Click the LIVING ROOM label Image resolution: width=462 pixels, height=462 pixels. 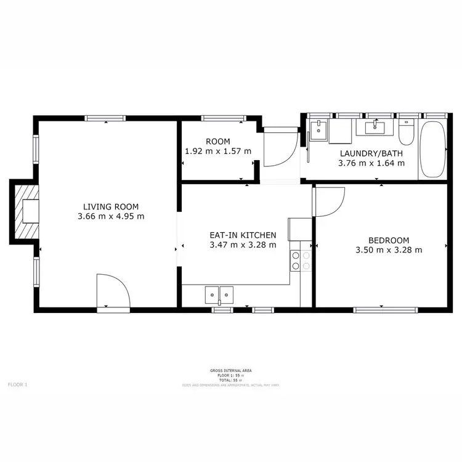click(x=111, y=207)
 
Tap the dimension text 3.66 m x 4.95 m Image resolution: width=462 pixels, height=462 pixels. click(x=111, y=217)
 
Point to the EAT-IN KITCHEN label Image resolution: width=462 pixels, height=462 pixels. click(x=242, y=235)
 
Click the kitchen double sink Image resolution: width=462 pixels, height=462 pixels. click(x=219, y=295)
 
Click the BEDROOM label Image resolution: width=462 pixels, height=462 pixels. click(x=389, y=240)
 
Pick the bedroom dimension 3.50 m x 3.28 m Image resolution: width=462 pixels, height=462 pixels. click(x=389, y=250)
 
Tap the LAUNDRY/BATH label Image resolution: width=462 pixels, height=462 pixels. click(x=371, y=153)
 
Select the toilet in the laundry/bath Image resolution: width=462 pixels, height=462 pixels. click(x=406, y=132)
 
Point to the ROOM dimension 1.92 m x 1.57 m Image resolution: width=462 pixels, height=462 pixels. click(x=218, y=151)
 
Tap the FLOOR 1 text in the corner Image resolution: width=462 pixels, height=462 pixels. click(x=17, y=384)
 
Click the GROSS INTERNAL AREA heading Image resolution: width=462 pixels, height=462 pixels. click(x=230, y=370)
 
